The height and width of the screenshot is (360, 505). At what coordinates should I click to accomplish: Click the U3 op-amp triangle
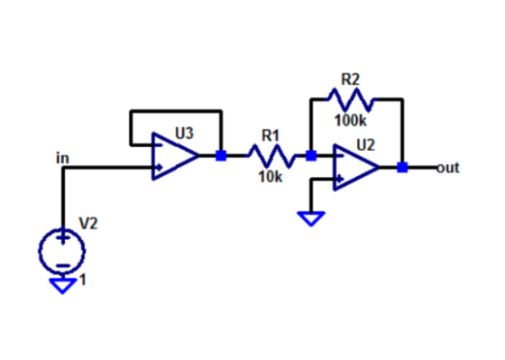[175, 156]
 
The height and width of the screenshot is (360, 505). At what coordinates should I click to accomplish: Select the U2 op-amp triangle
[356, 168]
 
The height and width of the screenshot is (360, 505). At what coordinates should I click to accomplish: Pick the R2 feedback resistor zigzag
[351, 100]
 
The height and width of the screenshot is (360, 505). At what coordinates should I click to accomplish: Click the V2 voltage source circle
[62, 251]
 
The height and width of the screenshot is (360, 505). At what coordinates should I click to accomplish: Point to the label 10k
[271, 177]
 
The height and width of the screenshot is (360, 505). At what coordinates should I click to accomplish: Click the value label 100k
[351, 121]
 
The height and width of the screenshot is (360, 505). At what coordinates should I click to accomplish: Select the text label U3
[184, 134]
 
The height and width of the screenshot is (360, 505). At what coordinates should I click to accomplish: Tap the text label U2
[365, 145]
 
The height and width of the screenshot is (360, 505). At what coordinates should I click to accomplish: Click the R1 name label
[271, 135]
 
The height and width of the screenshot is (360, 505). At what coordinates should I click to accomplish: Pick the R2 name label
[350, 79]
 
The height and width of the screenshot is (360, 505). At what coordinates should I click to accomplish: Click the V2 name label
[88, 224]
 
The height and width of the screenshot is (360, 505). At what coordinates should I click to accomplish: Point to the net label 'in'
[62, 158]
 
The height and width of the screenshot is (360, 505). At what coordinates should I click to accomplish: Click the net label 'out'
[448, 168]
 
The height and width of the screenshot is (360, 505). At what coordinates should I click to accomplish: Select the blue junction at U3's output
[221, 156]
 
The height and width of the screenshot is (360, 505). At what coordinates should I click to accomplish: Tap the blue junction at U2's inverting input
[311, 156]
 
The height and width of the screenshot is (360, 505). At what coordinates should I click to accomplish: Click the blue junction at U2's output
[402, 168]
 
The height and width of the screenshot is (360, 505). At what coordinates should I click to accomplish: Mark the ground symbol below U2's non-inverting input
[311, 218]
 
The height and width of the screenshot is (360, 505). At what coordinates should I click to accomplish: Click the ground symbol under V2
[62, 286]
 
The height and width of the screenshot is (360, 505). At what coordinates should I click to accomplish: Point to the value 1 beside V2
[83, 280]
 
